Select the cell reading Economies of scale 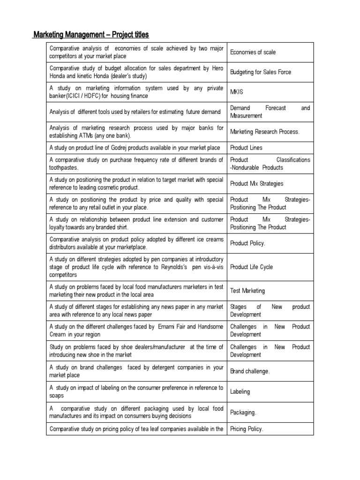[253, 52]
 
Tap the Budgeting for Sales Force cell [260, 72]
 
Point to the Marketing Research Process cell [265, 132]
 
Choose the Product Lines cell [246, 148]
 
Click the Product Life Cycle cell [251, 267]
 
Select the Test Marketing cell [247, 291]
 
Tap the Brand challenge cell [250, 371]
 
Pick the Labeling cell [240, 391]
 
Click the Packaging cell [243, 412]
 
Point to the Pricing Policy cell [247, 429]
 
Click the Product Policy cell [247, 243]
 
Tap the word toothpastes [64, 168]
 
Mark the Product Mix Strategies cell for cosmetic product [256, 184]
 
